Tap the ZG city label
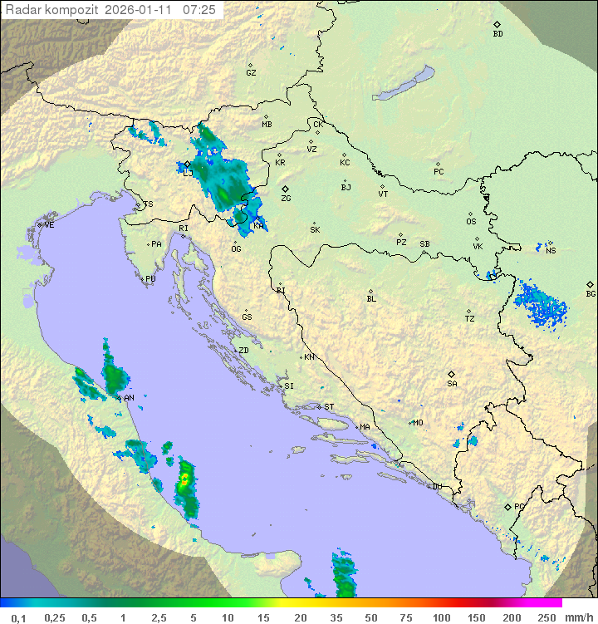(x=286, y=199)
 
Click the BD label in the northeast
(x=498, y=34)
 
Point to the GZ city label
(x=251, y=73)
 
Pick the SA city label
(x=452, y=384)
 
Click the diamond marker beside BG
(x=590, y=284)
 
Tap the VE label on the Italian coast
(x=49, y=225)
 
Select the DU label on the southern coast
(x=436, y=487)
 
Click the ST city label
(x=329, y=407)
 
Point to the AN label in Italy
(x=129, y=399)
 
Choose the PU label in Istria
(x=150, y=279)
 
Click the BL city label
(x=371, y=299)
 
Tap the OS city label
(x=471, y=222)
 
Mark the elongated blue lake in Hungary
(x=403, y=84)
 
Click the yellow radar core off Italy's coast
(x=185, y=479)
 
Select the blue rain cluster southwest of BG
(x=542, y=305)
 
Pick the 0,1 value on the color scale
(x=18, y=617)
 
